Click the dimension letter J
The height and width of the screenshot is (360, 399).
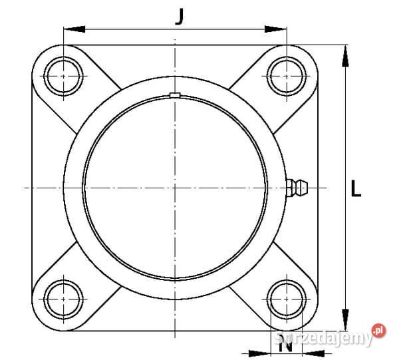point(180,17)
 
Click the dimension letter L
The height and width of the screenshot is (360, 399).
point(356,188)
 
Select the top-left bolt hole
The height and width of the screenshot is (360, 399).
point(63,76)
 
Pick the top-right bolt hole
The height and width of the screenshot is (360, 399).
point(287,76)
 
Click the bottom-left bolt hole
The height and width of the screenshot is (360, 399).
point(63,299)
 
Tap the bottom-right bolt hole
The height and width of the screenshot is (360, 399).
point(287,299)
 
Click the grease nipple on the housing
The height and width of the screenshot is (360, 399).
point(297,188)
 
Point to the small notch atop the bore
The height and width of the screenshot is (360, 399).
point(175,94)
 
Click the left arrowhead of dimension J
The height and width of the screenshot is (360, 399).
point(74,29)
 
